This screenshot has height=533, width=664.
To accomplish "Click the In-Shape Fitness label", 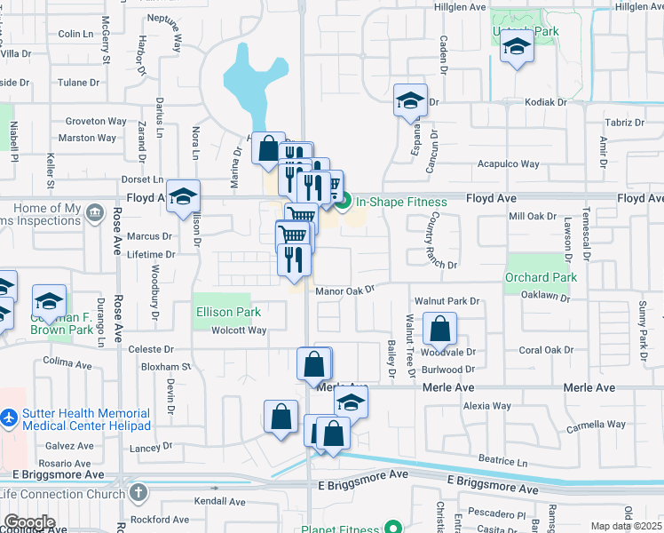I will click(x=400, y=202).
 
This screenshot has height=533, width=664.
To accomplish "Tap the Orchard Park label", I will click(x=541, y=277).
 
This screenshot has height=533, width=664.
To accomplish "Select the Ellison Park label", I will click(x=228, y=312).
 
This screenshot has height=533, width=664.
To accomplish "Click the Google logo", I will click(x=29, y=521).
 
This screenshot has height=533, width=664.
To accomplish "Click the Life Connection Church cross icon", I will click(x=137, y=492).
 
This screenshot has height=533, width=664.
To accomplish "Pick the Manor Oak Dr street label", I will click(x=345, y=290).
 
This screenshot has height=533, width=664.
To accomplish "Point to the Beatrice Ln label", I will click(x=502, y=461).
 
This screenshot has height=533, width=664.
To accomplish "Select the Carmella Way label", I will click(x=596, y=425).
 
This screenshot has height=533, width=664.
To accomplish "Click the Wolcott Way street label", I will click(x=239, y=330).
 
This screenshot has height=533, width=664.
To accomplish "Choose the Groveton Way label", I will click(x=95, y=121).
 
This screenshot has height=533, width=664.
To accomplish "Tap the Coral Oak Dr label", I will click(x=542, y=350).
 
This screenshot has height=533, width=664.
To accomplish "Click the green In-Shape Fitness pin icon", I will click(x=344, y=202).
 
